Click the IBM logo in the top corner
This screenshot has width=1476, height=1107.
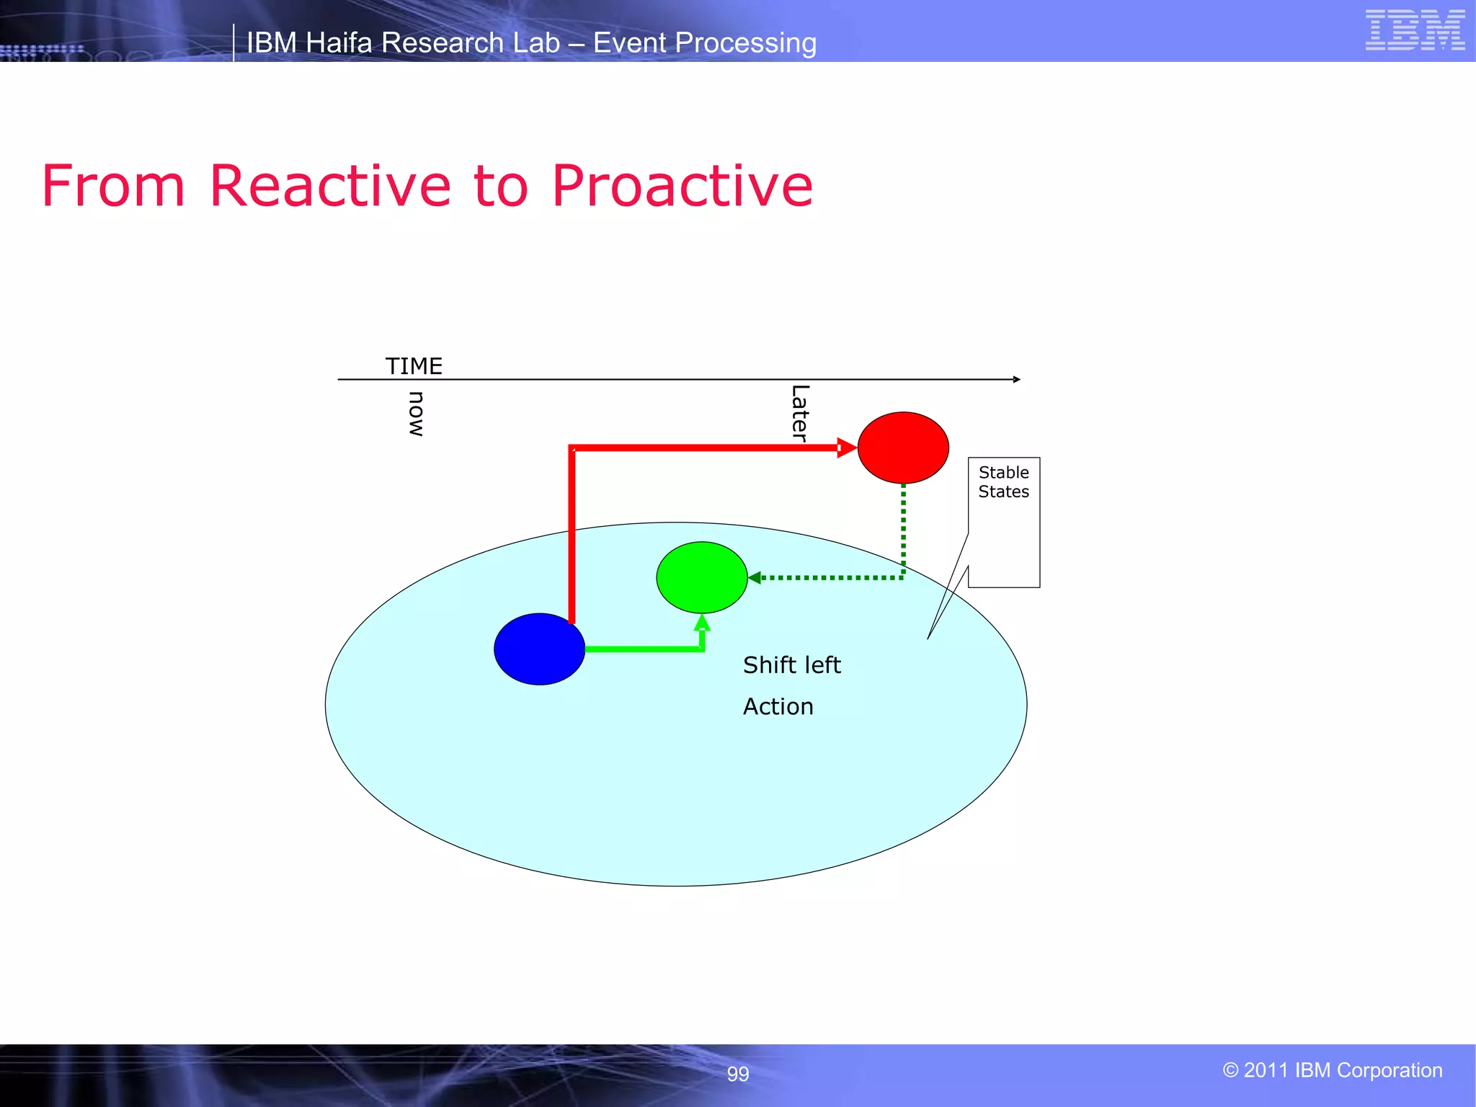click(1415, 30)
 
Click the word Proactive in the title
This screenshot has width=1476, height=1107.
click(682, 186)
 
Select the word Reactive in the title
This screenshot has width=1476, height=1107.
click(330, 186)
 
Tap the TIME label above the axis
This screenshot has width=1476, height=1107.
click(414, 366)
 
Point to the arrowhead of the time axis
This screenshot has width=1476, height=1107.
click(1016, 379)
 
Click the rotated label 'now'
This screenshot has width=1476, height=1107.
click(417, 414)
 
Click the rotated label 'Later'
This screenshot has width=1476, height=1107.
click(800, 412)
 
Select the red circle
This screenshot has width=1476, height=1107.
click(903, 448)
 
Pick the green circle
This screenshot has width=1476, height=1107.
click(701, 577)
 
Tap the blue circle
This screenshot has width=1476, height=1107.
click(539, 649)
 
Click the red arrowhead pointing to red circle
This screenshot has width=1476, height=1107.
click(847, 448)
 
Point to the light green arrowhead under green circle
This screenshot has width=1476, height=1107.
click(702, 623)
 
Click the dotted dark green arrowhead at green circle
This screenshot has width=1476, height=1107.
click(755, 577)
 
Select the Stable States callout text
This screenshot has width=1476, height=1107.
click(1003, 482)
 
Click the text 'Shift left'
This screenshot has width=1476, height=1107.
click(791, 664)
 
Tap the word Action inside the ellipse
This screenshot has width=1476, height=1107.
click(778, 706)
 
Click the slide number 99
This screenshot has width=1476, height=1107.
click(737, 1074)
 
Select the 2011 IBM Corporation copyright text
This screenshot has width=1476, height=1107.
click(1332, 1070)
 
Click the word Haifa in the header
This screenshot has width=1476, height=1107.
click(339, 43)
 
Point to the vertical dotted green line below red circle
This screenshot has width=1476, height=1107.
click(903, 530)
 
